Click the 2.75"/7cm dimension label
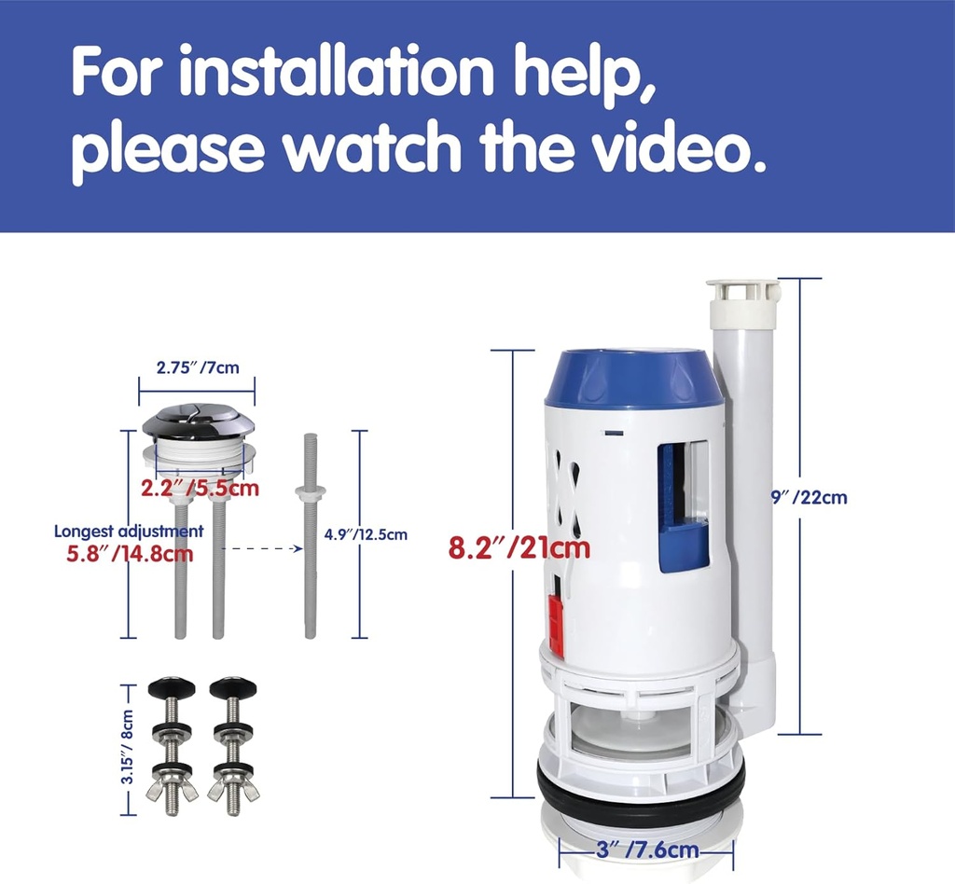click(x=196, y=367)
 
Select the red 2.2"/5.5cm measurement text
click(x=200, y=487)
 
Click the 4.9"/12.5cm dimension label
click(x=366, y=534)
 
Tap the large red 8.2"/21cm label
click(x=519, y=547)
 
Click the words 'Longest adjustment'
click(x=129, y=532)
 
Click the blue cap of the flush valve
click(x=633, y=378)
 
